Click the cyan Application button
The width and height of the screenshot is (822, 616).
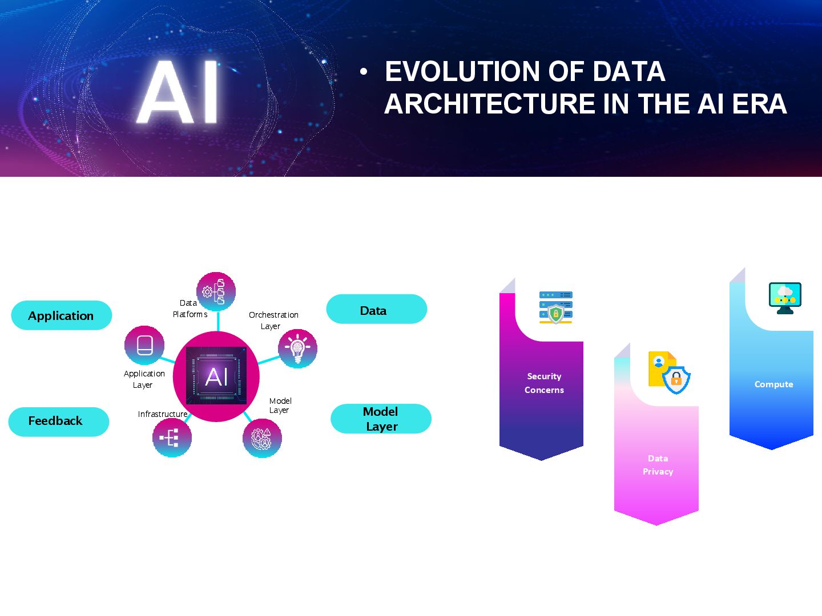62,315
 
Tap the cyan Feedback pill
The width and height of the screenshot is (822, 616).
58,422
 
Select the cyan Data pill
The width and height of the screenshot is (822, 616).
376,310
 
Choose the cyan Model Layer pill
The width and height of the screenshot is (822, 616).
381,419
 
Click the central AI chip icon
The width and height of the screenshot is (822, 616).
216,376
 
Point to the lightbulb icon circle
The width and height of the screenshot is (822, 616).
297,348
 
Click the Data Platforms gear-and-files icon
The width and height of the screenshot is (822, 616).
216,291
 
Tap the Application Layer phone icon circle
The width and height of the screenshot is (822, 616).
144,346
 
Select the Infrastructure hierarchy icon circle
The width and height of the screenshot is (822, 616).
172,437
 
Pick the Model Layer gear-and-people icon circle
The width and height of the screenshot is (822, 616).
262,438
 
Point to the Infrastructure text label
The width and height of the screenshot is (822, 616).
163,414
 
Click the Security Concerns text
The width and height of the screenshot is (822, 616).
544,383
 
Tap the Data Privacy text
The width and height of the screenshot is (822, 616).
658,465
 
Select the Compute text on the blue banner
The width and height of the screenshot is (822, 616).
773,384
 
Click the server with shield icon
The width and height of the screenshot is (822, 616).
555,307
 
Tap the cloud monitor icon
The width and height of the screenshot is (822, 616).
785,298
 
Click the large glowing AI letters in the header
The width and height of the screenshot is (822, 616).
179,92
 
